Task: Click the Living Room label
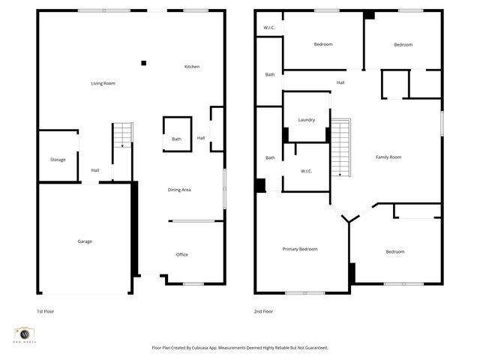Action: [x=103, y=83]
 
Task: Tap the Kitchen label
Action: [x=192, y=67]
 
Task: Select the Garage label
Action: [x=85, y=241]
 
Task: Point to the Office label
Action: [x=181, y=255]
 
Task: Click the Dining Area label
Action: [x=179, y=190]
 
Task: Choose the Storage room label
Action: [x=58, y=160]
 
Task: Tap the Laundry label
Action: [x=306, y=120]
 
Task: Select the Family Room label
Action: [x=388, y=157]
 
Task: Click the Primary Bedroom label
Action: [x=299, y=249]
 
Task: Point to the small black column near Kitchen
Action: [x=144, y=63]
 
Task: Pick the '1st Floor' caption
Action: [x=45, y=311]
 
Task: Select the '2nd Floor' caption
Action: [x=264, y=311]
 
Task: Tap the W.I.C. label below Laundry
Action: [x=306, y=171]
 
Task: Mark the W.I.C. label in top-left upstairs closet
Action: [x=269, y=28]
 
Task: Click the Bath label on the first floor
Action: [x=176, y=139]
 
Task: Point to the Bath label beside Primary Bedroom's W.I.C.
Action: [x=269, y=157]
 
